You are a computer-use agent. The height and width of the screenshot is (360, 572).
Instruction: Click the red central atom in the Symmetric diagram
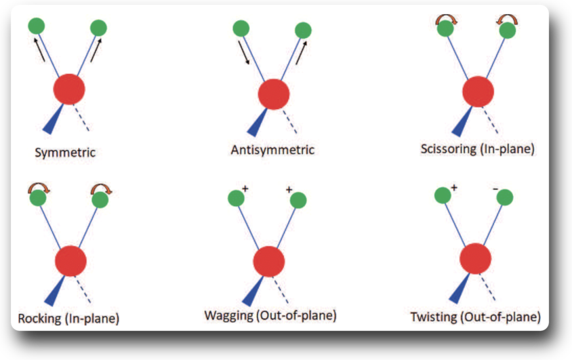coord(69,89)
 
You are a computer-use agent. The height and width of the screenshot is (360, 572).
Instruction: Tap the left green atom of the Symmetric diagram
coord(37,26)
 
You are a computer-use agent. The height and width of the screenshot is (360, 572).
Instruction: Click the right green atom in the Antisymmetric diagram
coord(303,31)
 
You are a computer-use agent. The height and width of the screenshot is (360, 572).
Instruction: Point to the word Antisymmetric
coord(272,150)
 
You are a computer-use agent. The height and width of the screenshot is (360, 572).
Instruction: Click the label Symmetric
coord(65,152)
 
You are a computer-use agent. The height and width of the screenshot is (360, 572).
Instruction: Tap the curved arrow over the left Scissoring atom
coord(446,20)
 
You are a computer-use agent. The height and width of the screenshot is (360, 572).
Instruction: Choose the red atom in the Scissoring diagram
coord(478,92)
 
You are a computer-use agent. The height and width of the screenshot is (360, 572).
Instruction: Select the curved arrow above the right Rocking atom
coord(102,188)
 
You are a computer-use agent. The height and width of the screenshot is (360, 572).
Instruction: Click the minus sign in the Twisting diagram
coord(495,188)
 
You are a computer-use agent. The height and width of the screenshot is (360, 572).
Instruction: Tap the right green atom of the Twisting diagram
coord(505,197)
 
